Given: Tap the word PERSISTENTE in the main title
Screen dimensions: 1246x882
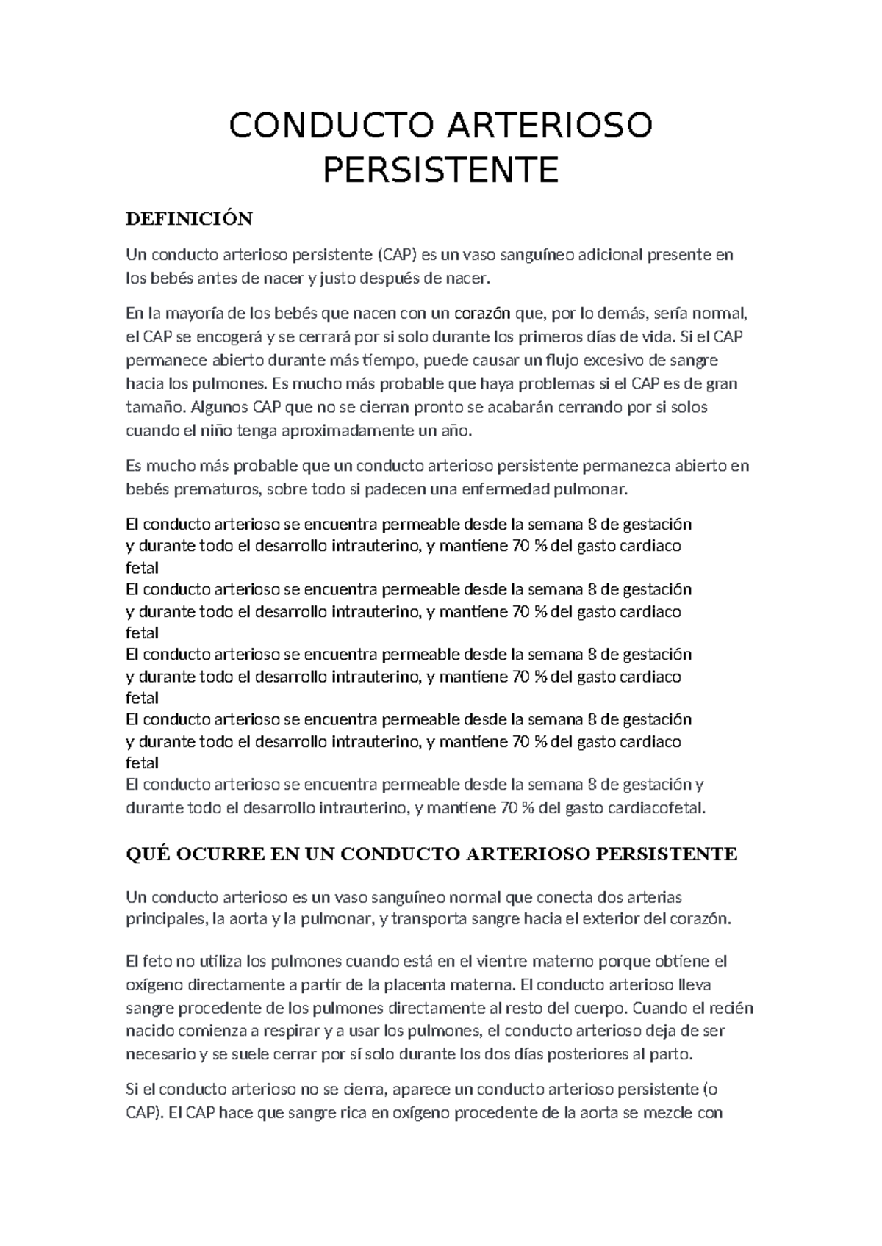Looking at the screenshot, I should (441, 170).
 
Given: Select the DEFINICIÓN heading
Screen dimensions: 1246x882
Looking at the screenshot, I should (189, 218).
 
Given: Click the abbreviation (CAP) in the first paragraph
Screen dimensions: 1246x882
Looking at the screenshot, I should (397, 255).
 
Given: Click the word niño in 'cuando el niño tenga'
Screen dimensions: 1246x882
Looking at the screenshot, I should (218, 431).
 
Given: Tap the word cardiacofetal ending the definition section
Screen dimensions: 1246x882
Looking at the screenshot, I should (656, 808).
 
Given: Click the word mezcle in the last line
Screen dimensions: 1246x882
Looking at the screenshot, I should (668, 1112).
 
